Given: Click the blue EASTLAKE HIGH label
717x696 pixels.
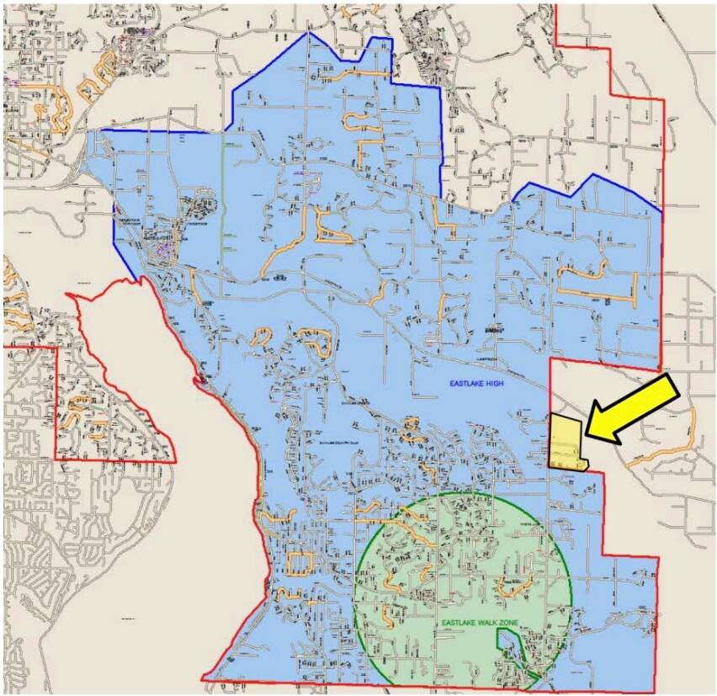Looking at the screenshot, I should click(x=476, y=384).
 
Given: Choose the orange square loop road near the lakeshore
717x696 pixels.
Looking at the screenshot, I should click(x=299, y=562).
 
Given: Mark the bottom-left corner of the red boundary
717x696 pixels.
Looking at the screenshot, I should click(x=202, y=678).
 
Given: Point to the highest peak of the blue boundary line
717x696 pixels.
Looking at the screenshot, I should click(x=309, y=33).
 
